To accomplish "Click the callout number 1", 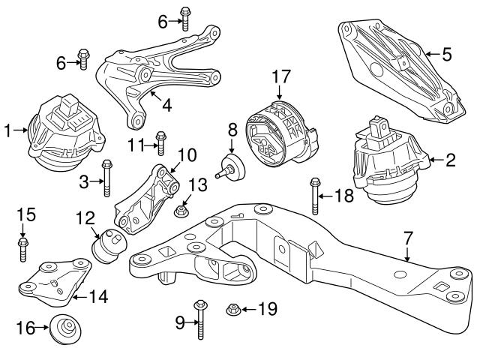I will [8, 131].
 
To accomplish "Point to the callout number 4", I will [166, 106].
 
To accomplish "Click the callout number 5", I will [447, 54].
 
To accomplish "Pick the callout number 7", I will [408, 238].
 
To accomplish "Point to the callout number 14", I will [99, 298].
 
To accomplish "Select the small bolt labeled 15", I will [23, 248].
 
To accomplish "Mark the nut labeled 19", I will [232, 307].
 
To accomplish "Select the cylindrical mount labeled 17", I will [279, 135].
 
